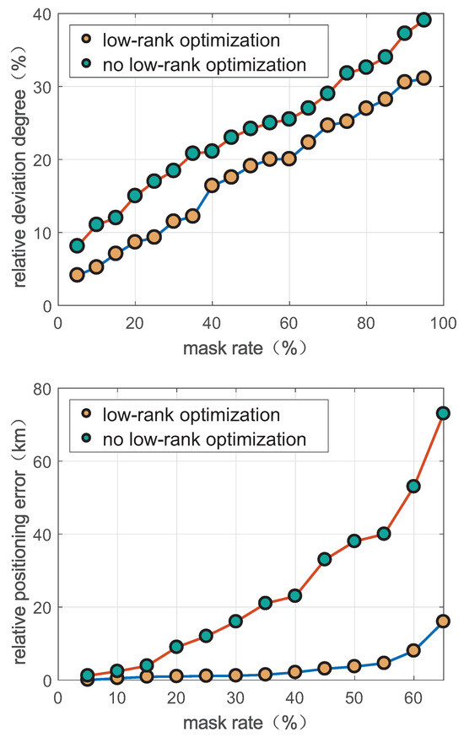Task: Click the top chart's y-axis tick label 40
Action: [40, 15]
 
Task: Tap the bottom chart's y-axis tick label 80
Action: [40, 390]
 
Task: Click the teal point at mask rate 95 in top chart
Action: [424, 19]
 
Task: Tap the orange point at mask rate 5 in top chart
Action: [77, 275]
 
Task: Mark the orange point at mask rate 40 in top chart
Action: [212, 186]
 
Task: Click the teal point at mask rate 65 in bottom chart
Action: [443, 413]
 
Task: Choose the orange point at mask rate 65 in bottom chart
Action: [443, 621]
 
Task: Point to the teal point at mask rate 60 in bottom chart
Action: [413, 487]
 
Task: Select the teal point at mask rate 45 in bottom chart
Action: [325, 559]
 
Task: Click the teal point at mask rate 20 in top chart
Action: [135, 196]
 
